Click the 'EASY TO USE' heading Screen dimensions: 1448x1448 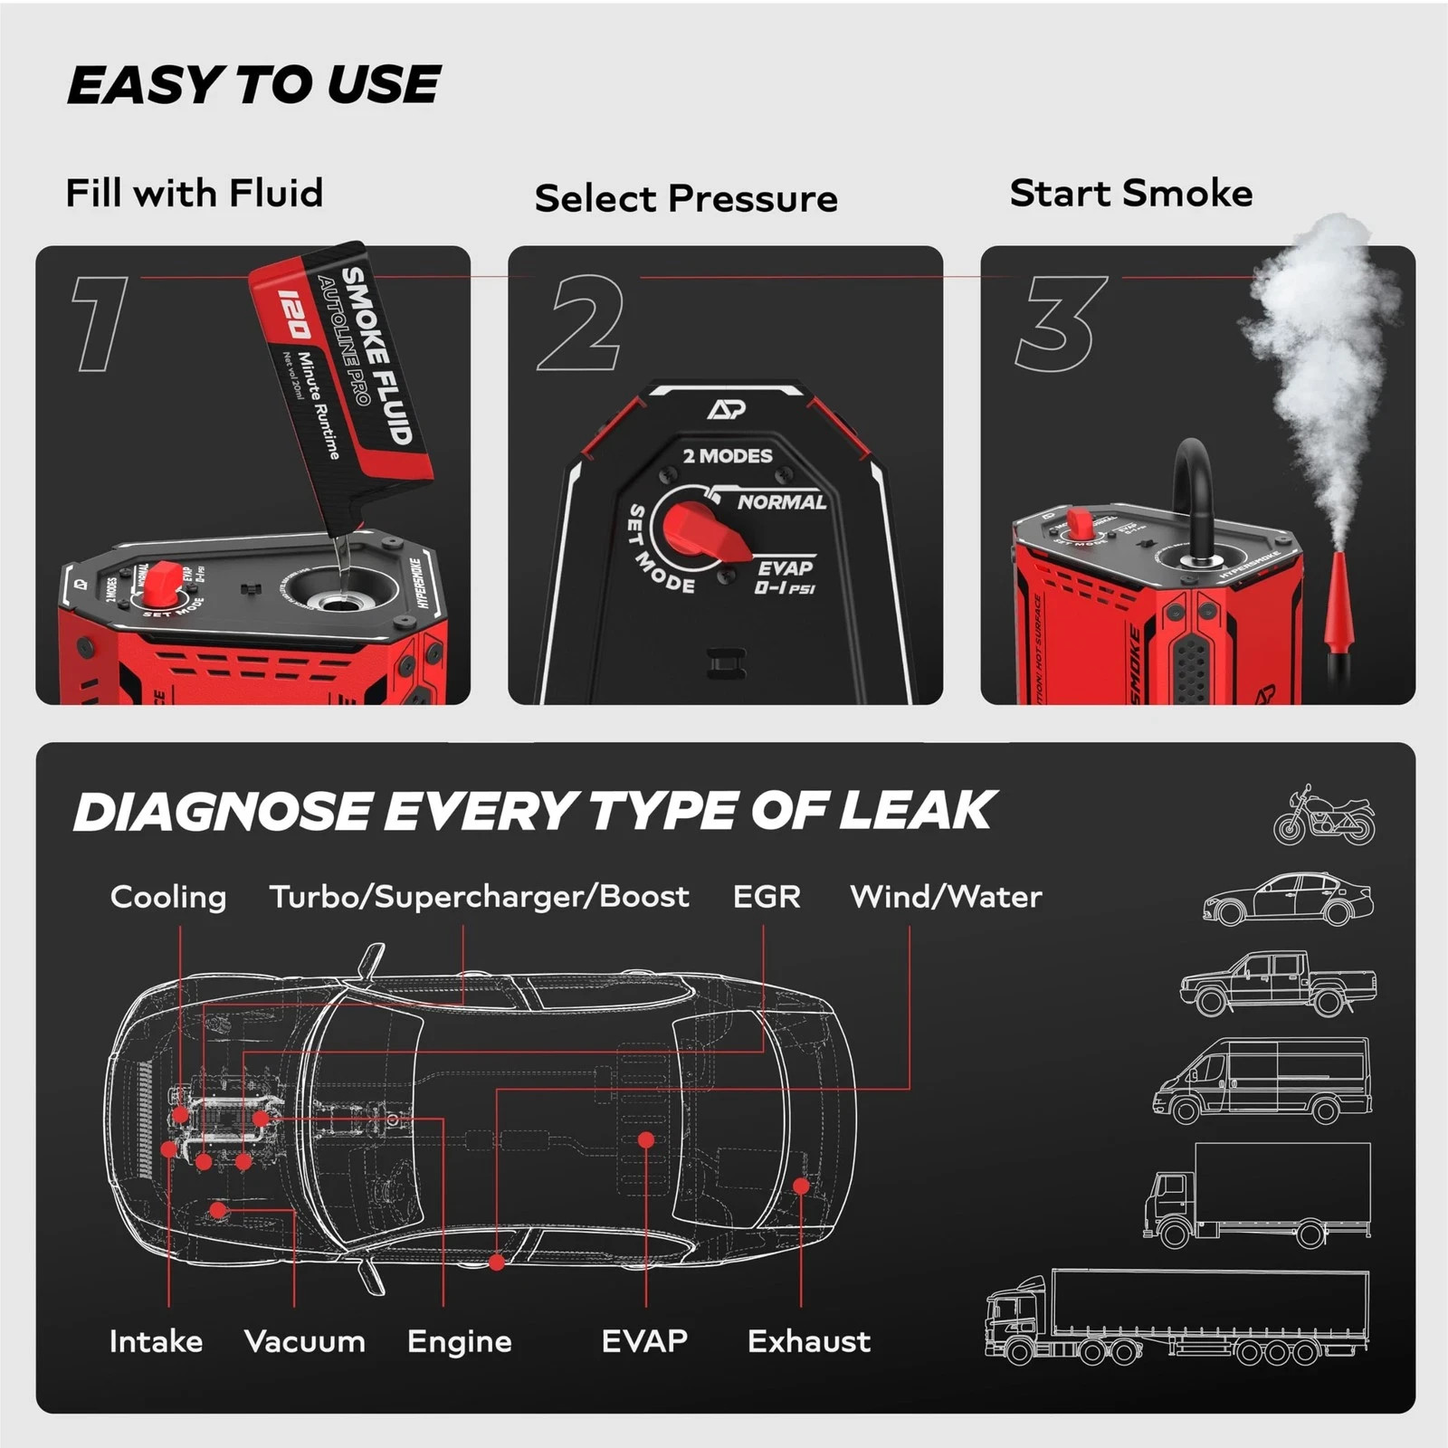(x=253, y=85)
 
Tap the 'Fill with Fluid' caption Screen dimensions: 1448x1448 (x=194, y=193)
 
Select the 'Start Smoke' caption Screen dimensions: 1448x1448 (x=1130, y=193)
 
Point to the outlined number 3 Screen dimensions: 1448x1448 (x=1059, y=323)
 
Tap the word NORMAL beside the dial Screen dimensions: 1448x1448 (x=781, y=501)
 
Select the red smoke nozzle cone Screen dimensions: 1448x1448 (x=1338, y=602)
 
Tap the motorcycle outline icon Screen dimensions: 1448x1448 (x=1323, y=816)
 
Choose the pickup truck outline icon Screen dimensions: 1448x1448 (x=1278, y=985)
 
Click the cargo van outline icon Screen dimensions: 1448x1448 (x=1262, y=1081)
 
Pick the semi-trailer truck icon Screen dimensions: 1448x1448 (x=1176, y=1317)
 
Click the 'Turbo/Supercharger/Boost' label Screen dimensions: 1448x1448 (x=479, y=896)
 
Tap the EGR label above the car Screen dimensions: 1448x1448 (x=766, y=896)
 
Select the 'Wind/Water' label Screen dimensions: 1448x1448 (x=946, y=896)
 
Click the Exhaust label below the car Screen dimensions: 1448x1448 (x=808, y=1340)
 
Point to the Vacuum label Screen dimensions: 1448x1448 (x=304, y=1340)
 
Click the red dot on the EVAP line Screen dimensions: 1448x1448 (x=645, y=1139)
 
